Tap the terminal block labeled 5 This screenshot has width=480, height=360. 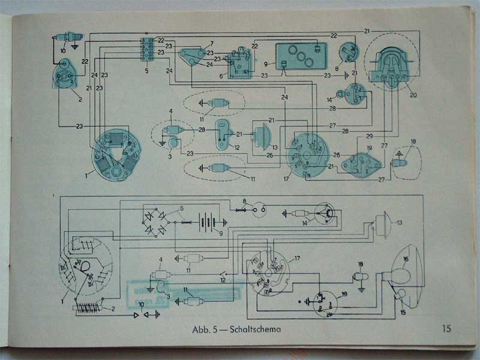coord(145,48)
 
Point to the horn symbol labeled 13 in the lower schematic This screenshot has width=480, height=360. coord(379,225)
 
